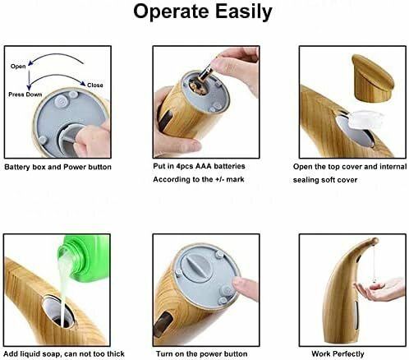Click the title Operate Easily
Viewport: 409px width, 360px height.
click(203, 12)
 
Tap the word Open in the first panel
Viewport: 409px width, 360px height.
click(18, 67)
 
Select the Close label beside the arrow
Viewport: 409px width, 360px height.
click(95, 85)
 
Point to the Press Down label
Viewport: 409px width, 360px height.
click(25, 95)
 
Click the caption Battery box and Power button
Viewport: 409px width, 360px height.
click(57, 167)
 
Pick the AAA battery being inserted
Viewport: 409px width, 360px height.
click(205, 73)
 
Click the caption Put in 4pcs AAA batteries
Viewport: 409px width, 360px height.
click(199, 166)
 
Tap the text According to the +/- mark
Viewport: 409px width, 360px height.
click(199, 180)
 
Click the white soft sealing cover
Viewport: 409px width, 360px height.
click(366, 119)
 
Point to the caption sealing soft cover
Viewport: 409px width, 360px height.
click(325, 180)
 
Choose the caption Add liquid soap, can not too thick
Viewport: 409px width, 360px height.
click(64, 354)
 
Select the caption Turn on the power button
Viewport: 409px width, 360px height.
click(201, 354)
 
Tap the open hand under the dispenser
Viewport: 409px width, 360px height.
click(380, 290)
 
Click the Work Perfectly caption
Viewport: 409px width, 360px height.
click(338, 354)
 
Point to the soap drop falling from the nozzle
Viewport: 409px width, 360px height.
click(374, 279)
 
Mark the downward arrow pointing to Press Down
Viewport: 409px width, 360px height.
click(29, 80)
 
